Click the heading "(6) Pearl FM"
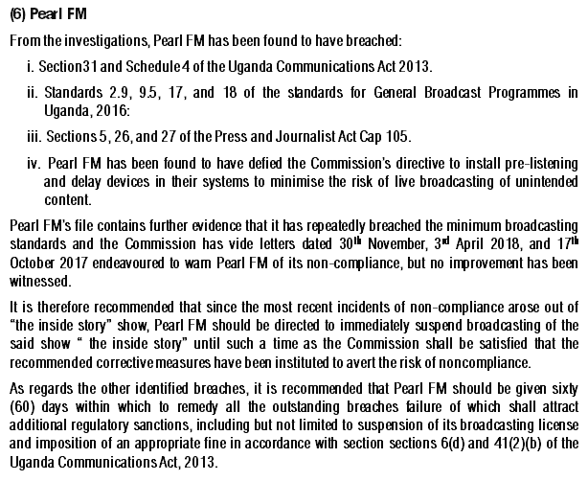coord(47,15)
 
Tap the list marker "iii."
coord(36,138)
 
